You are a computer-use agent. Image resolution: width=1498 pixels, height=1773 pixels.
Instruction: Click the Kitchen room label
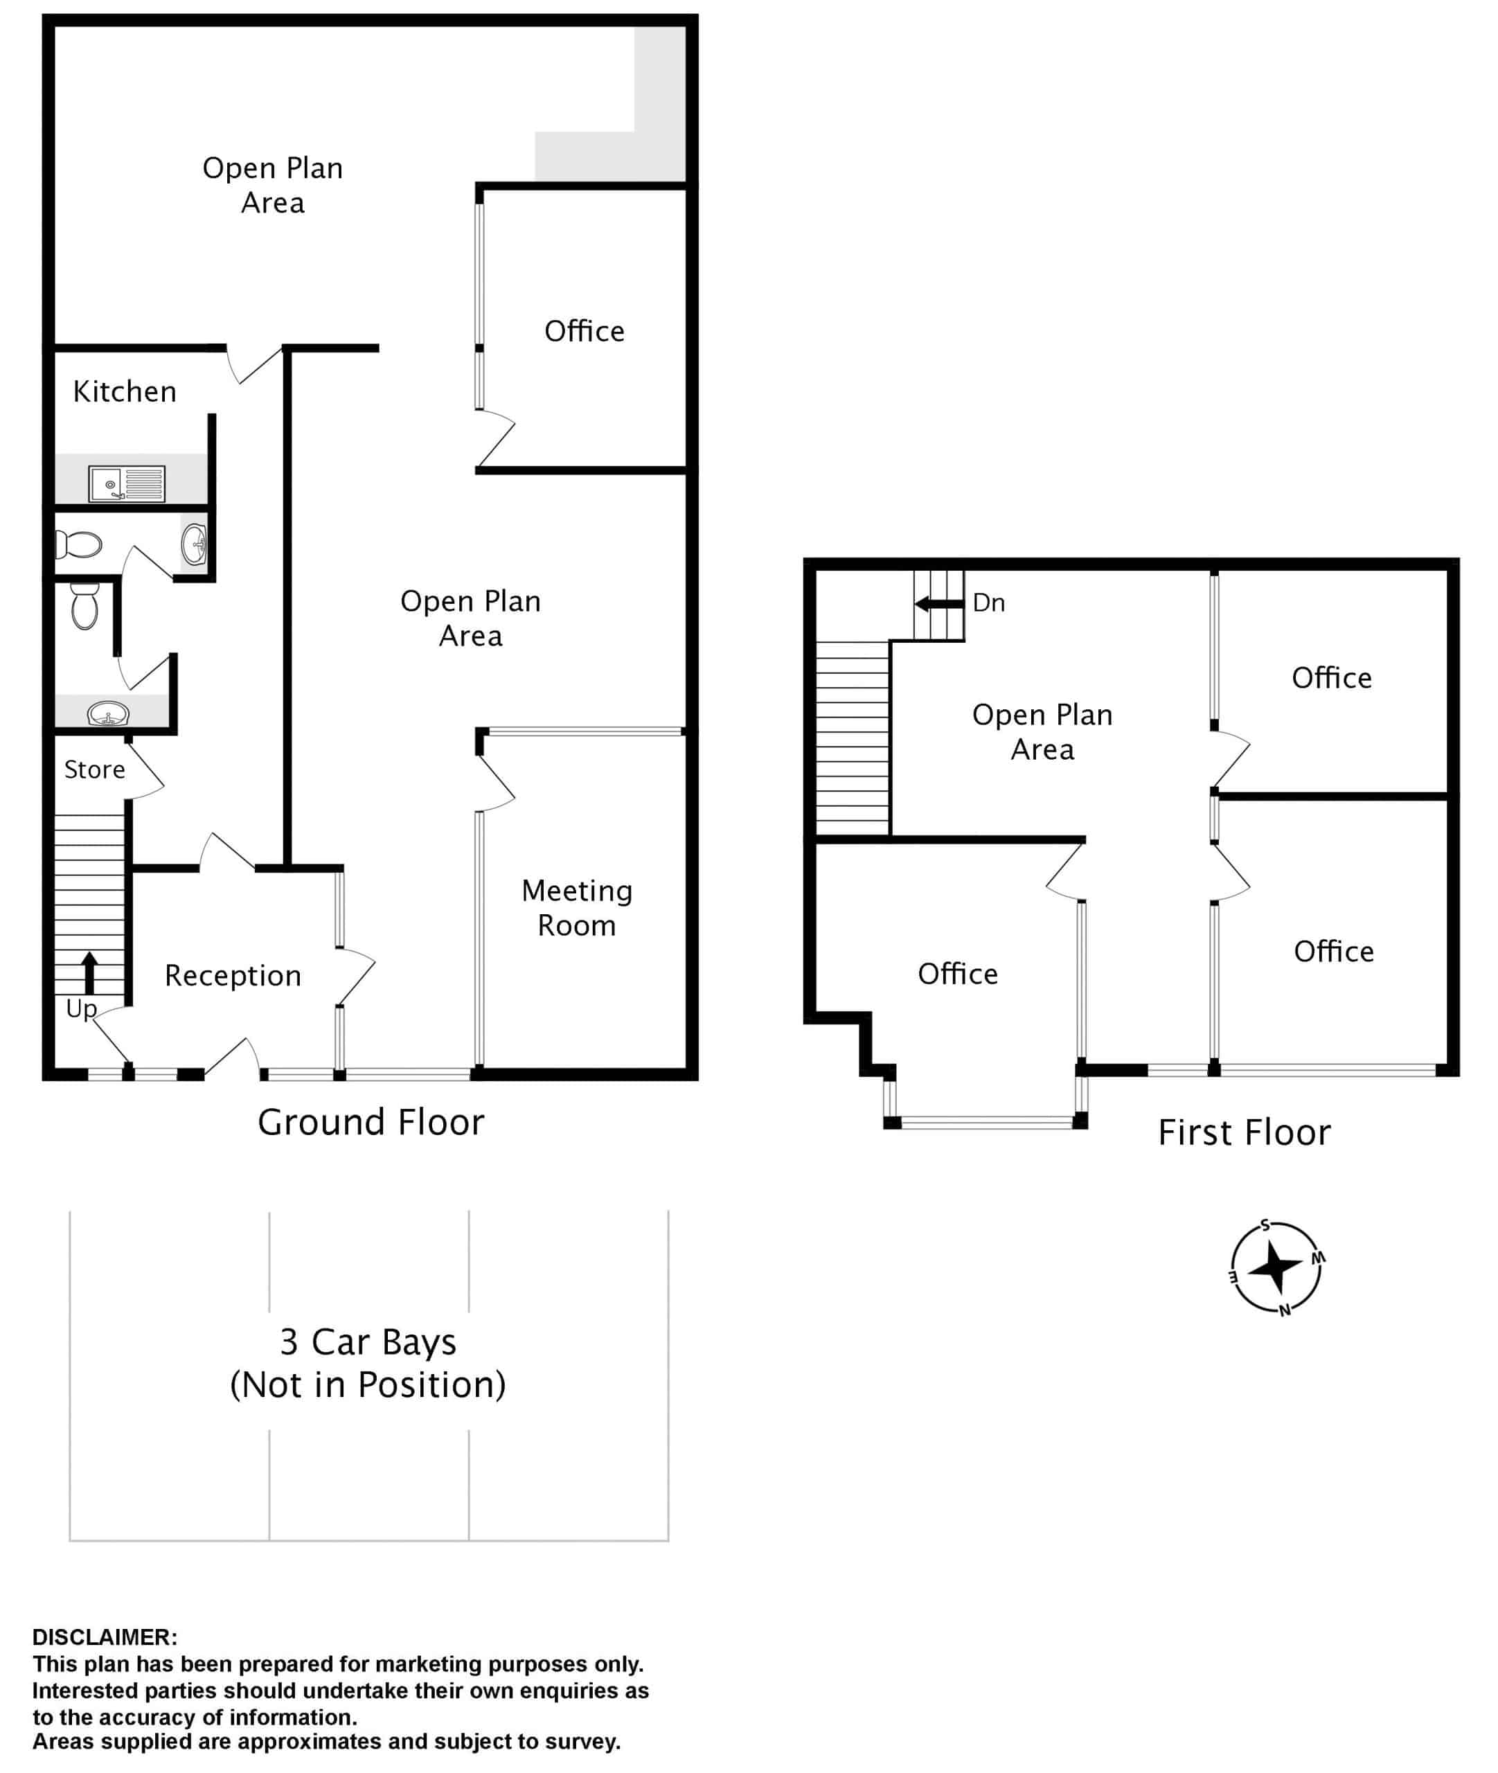125,391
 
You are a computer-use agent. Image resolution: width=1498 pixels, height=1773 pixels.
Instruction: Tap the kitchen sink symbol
127,484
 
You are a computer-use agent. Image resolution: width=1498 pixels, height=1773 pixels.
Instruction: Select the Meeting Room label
578,908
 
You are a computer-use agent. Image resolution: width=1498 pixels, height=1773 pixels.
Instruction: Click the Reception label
233,976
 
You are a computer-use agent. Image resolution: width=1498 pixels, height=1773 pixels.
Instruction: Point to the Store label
94,769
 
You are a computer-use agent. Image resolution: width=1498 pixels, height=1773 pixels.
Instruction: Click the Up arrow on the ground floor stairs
89,972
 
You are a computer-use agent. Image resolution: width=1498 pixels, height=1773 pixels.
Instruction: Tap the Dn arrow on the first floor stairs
939,605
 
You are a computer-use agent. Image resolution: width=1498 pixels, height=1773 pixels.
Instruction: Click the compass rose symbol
1276,1267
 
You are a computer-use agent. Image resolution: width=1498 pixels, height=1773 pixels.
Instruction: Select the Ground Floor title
371,1123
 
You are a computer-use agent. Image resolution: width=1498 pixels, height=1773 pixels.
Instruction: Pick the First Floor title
1244,1133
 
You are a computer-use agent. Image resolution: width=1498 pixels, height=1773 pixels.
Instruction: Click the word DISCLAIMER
105,1637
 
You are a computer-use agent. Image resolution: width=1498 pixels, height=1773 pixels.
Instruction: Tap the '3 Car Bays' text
368,1342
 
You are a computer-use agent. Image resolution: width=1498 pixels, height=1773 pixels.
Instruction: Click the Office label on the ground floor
585,331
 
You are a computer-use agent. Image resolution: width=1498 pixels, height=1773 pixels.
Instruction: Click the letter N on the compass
1285,1310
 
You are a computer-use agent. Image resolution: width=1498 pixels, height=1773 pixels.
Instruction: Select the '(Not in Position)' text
368,1385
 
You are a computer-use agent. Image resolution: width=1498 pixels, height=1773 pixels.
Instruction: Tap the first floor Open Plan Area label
1042,732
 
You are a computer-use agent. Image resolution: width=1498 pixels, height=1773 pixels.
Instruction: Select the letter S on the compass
1265,1225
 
